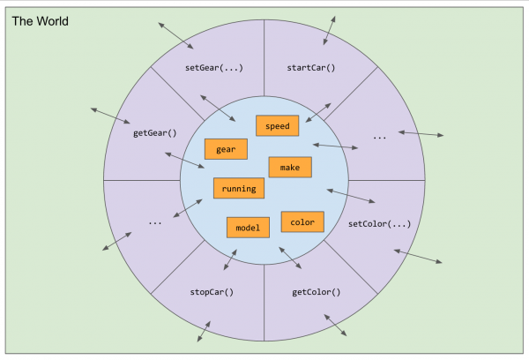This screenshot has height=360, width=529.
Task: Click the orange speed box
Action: (x=278, y=125)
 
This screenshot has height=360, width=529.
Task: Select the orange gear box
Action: (x=226, y=149)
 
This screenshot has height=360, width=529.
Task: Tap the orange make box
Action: (x=290, y=167)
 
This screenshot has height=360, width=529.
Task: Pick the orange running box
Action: (x=239, y=188)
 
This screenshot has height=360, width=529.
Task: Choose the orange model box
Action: (x=248, y=228)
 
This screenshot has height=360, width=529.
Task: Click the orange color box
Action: (x=302, y=221)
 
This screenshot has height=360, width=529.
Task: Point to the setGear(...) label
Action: (x=214, y=68)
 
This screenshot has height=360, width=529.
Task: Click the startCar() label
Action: (x=311, y=68)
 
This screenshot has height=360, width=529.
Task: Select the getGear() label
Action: (x=155, y=133)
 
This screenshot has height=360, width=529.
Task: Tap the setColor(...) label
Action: (x=379, y=224)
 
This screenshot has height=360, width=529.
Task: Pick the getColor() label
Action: (x=317, y=292)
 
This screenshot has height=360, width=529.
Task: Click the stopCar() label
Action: (x=212, y=292)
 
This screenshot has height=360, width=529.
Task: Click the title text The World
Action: (x=41, y=21)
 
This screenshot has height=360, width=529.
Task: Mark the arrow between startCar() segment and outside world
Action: (x=329, y=30)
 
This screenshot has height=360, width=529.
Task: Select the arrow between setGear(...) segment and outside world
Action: (x=175, y=36)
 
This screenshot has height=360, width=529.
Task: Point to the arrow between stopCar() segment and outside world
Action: (x=204, y=331)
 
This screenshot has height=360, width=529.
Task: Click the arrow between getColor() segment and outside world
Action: (x=335, y=326)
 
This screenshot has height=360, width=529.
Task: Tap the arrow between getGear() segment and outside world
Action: (x=110, y=116)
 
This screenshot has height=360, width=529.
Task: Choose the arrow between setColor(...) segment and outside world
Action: (x=418, y=256)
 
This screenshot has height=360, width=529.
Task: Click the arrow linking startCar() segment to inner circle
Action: (x=318, y=113)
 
